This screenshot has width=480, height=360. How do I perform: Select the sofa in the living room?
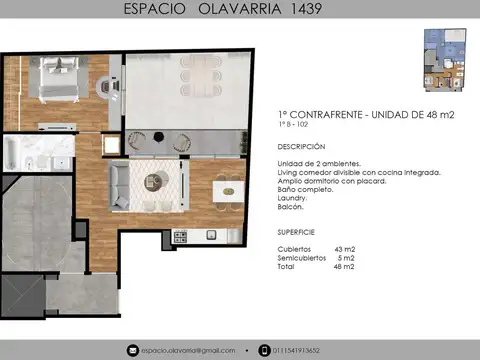click(118, 182)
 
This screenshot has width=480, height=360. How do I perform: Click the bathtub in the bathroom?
click(13, 153)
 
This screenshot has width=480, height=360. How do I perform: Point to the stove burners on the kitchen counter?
click(181, 237)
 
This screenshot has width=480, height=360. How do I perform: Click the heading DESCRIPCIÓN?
click(301, 145)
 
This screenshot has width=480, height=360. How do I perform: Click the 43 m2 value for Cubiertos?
click(345, 248)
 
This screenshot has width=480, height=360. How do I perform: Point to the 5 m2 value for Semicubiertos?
click(345, 258)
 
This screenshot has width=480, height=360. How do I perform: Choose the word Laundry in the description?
click(292, 198)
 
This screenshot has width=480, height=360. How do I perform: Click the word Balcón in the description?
click(290, 207)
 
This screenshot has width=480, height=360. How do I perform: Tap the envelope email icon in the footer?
click(132, 350)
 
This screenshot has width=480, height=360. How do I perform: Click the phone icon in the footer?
click(264, 350)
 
